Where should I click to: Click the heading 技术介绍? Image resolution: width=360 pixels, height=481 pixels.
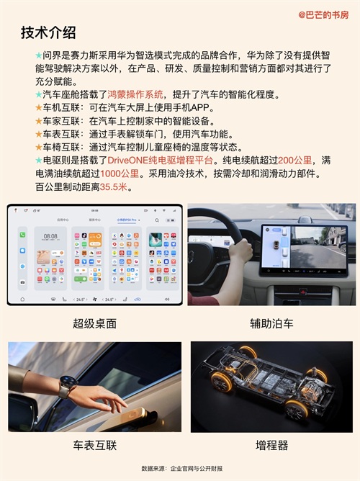(x=48, y=32)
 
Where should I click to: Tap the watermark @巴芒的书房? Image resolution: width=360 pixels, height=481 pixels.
(x=323, y=14)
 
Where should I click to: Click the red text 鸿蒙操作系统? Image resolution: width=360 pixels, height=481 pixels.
(x=135, y=94)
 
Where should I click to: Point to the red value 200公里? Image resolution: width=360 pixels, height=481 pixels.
(x=294, y=160)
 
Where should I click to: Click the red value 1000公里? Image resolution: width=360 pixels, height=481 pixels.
(x=120, y=174)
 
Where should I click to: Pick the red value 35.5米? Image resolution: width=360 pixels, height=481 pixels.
(x=114, y=186)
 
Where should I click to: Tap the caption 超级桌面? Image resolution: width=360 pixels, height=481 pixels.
(x=95, y=323)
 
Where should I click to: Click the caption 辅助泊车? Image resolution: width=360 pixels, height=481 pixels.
(x=271, y=323)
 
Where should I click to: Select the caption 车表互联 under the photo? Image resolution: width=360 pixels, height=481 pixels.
(x=95, y=445)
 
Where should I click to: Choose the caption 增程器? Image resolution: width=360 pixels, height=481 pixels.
(x=271, y=445)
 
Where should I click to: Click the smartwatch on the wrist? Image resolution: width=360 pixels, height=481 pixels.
(x=68, y=386)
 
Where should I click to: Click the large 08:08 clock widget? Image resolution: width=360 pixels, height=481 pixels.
(x=50, y=236)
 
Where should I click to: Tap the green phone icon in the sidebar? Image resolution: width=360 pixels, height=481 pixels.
(x=22, y=235)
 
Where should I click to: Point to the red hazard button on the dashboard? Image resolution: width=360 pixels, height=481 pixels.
(x=302, y=292)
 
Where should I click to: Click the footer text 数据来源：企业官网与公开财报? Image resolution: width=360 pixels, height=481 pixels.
(x=182, y=469)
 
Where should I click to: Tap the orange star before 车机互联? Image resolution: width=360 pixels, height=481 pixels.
(x=39, y=108)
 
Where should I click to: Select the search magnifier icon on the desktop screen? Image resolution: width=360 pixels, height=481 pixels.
(x=157, y=220)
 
